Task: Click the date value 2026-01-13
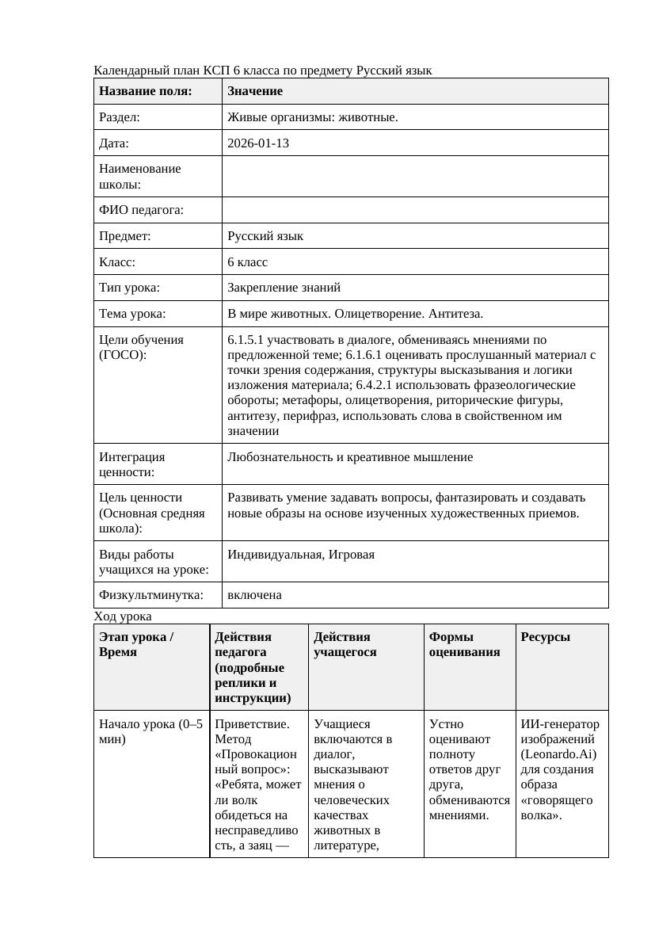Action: coord(257,143)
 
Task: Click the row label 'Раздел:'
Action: coord(120,117)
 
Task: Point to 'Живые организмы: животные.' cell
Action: coord(312,117)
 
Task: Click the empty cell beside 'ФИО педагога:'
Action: coord(415,210)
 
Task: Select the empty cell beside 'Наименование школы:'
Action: coord(415,176)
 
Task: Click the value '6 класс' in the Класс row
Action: coord(247,261)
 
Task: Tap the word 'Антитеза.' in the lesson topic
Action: coord(456,314)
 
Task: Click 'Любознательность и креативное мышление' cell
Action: coord(349,457)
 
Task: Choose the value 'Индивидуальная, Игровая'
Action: coord(300,555)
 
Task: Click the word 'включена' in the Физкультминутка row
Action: coord(254,595)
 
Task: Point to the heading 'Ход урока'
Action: coord(123,616)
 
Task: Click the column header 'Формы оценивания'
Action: coord(464,644)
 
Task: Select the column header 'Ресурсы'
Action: coord(545,637)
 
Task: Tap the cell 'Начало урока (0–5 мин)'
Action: coord(150,731)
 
